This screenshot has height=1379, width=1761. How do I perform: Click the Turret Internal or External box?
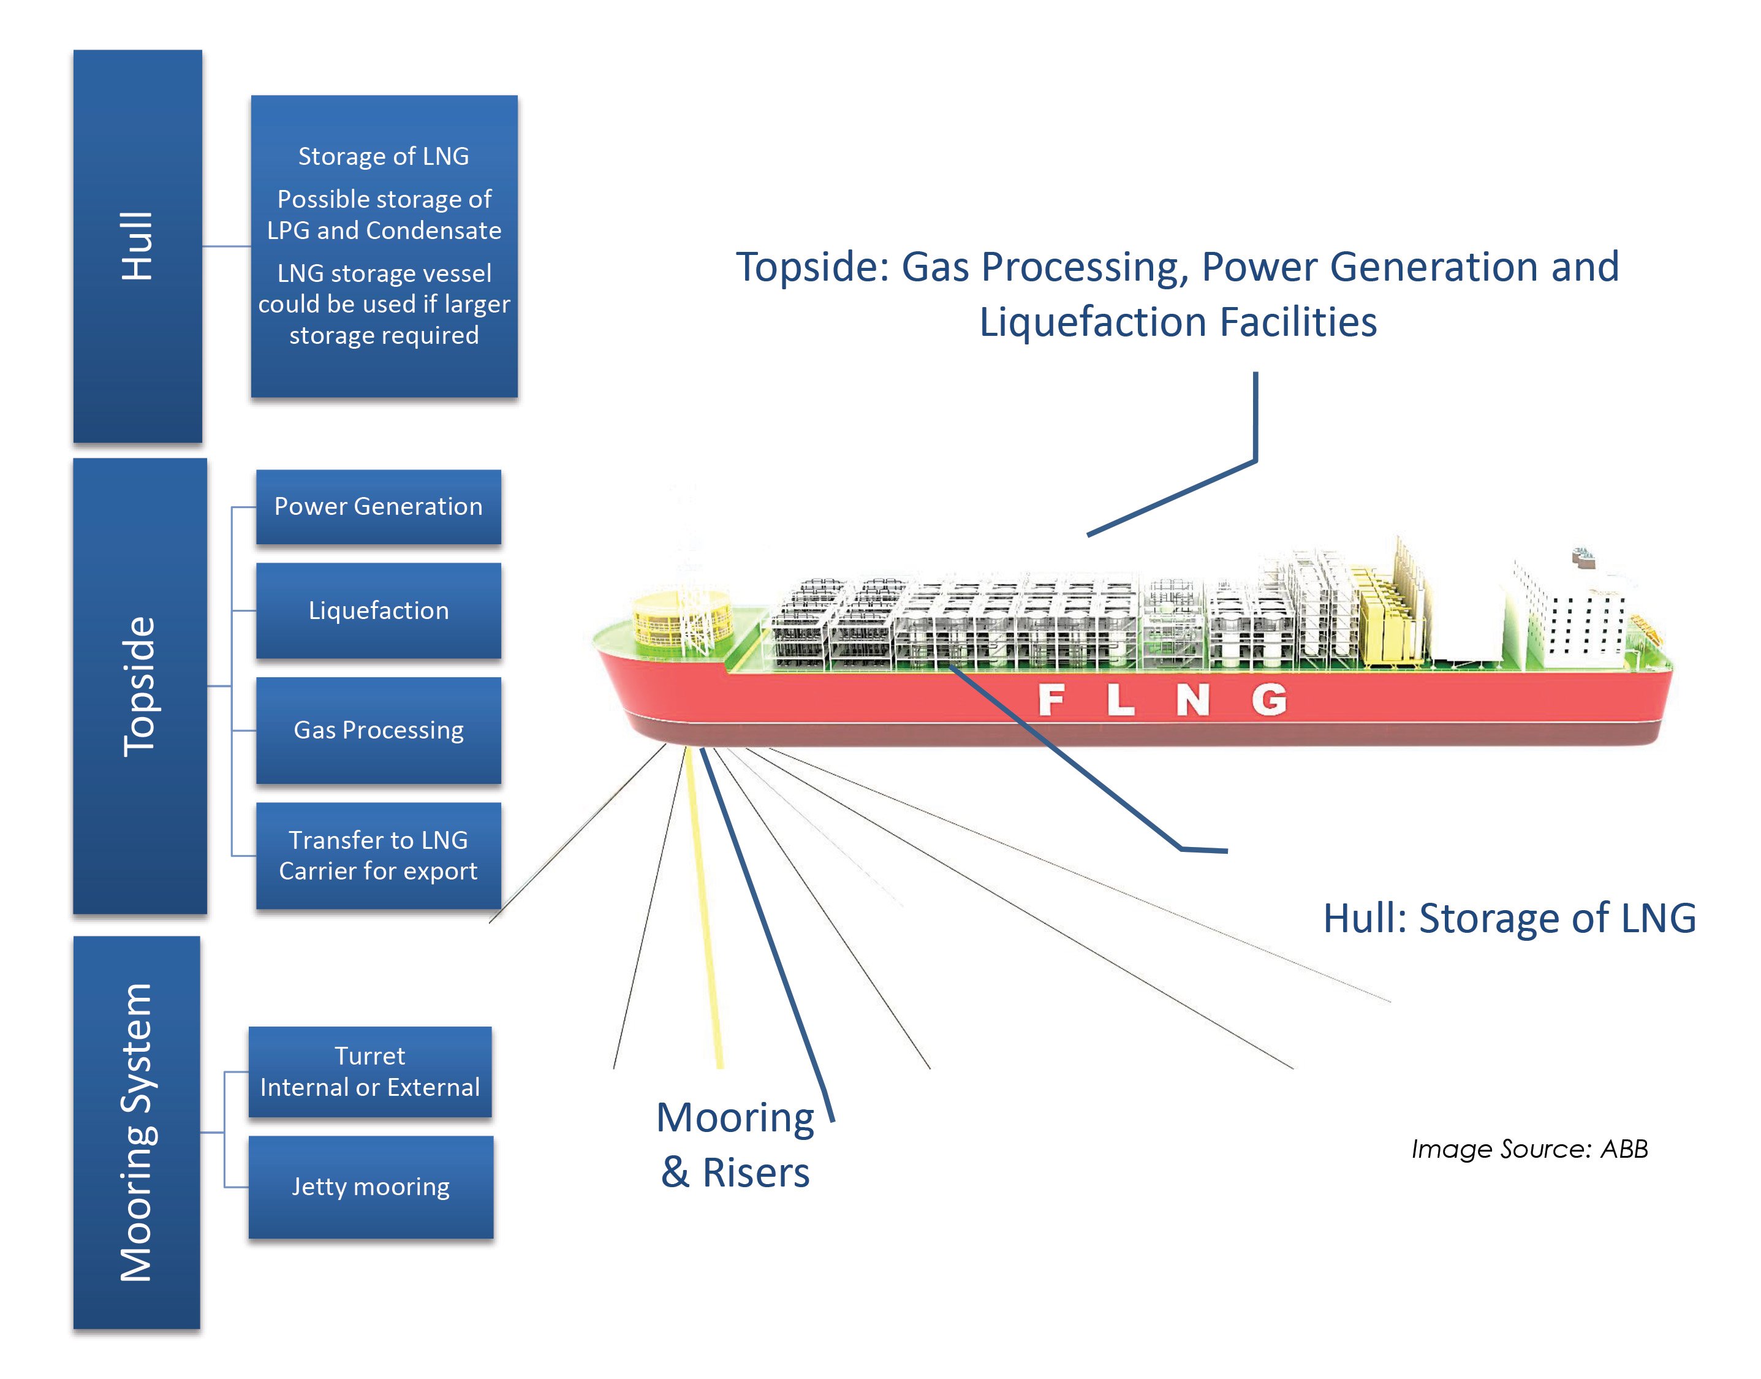[x=369, y=1071]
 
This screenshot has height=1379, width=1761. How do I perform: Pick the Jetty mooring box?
[x=371, y=1186]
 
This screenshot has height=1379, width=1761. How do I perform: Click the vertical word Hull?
[x=137, y=246]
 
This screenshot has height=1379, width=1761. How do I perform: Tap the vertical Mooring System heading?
[x=135, y=1132]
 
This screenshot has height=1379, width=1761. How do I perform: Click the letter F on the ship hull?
[x=1050, y=699]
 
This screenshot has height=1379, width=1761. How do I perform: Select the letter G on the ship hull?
[x=1269, y=699]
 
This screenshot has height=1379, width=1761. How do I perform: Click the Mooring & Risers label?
[x=735, y=1144]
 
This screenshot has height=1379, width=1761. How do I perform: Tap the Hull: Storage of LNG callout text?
[x=1509, y=918]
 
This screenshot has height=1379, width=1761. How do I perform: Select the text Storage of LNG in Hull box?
[x=384, y=156]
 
